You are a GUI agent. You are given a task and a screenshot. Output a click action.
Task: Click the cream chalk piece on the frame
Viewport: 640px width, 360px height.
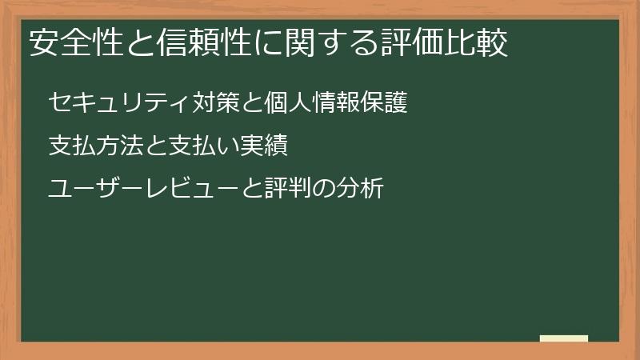point(564,338)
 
